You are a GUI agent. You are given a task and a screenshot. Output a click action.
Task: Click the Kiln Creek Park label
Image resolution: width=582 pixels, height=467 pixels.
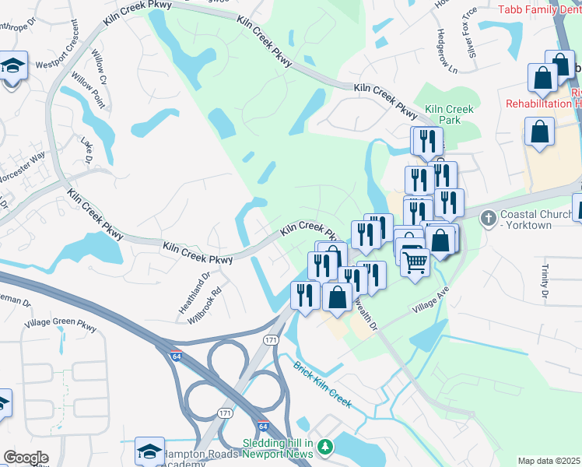click(443, 114)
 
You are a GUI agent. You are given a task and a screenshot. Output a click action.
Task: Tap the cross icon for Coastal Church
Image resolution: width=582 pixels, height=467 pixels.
click(488, 216)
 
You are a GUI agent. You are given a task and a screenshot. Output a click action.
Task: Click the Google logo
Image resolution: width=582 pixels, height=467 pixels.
click(26, 458)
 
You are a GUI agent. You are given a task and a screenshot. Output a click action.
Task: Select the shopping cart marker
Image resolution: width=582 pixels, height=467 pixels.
click(415, 262)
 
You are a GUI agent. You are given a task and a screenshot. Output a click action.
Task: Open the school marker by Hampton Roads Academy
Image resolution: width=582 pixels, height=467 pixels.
click(149, 450)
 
